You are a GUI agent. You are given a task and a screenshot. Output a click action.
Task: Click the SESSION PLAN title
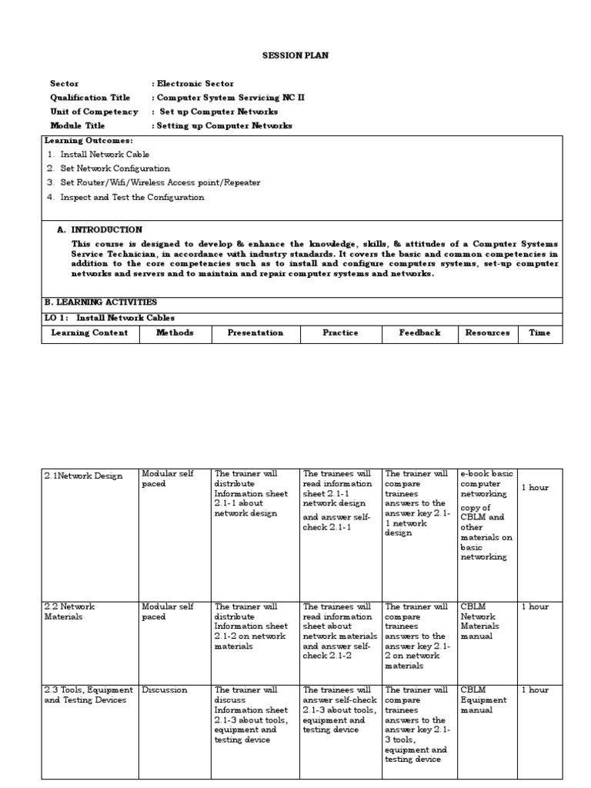click(x=295, y=56)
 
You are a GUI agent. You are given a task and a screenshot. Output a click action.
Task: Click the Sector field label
click(x=65, y=83)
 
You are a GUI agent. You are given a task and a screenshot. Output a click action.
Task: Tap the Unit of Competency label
click(x=94, y=112)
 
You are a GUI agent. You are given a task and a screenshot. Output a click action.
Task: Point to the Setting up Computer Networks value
click(x=223, y=125)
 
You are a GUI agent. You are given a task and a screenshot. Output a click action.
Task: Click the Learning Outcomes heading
click(x=88, y=141)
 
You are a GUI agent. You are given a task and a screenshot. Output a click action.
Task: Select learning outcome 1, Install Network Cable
click(x=105, y=155)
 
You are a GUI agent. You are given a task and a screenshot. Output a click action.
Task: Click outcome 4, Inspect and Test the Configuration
click(x=132, y=197)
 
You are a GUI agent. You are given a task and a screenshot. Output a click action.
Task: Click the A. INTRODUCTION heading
click(x=100, y=229)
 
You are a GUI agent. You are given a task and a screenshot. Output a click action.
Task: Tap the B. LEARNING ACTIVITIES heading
click(x=101, y=302)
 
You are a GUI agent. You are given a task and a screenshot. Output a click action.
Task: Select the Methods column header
click(x=175, y=333)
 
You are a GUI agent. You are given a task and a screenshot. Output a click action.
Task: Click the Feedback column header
click(x=420, y=333)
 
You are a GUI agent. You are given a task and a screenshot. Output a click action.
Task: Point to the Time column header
click(x=539, y=333)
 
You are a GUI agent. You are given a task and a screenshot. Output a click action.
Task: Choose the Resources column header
click(x=488, y=333)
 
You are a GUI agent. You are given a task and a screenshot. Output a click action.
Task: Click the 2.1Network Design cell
click(x=83, y=476)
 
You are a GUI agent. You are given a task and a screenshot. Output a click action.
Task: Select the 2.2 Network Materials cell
click(x=69, y=612)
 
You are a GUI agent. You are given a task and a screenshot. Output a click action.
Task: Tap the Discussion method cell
click(x=165, y=690)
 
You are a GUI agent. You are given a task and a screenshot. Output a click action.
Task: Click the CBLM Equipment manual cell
click(x=483, y=700)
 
